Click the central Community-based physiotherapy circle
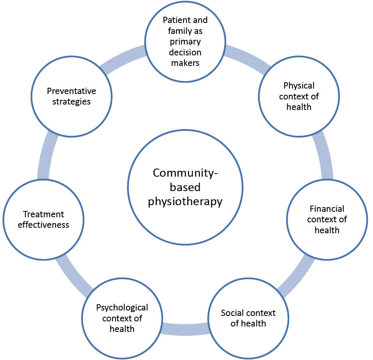click(x=185, y=187)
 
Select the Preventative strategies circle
click(x=71, y=96)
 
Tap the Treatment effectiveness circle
click(x=43, y=219)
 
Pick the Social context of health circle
click(x=248, y=318)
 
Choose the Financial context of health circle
click(x=327, y=219)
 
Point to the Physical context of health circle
click(x=299, y=96)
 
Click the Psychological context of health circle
click(x=122, y=318)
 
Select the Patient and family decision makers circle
click(x=185, y=41)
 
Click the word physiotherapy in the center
click(x=185, y=202)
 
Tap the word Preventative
click(x=71, y=91)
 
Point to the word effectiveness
click(x=43, y=225)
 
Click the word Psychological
click(x=122, y=308)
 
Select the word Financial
click(x=327, y=209)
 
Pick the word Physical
click(x=299, y=85)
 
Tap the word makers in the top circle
click(x=185, y=62)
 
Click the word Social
click(x=233, y=313)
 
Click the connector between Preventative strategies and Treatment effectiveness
click(x=44, y=156)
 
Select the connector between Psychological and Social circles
click(x=185, y=329)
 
